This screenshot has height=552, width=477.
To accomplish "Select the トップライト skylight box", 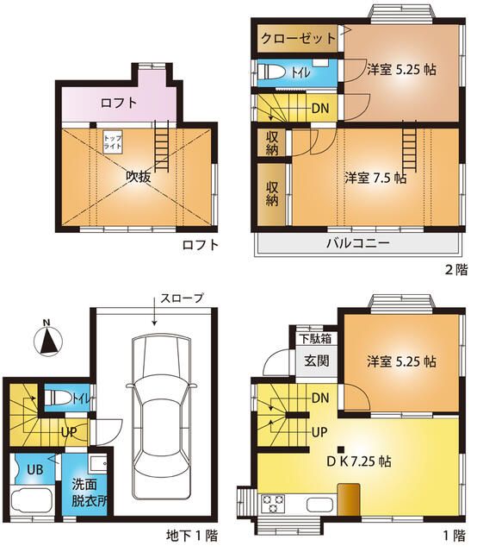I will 113,142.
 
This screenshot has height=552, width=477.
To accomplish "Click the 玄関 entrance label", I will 316,361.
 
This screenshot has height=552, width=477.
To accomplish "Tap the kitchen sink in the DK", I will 318,504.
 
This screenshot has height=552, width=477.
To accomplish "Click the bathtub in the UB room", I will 37,502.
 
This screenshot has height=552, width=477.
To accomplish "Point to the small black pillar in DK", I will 342,448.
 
